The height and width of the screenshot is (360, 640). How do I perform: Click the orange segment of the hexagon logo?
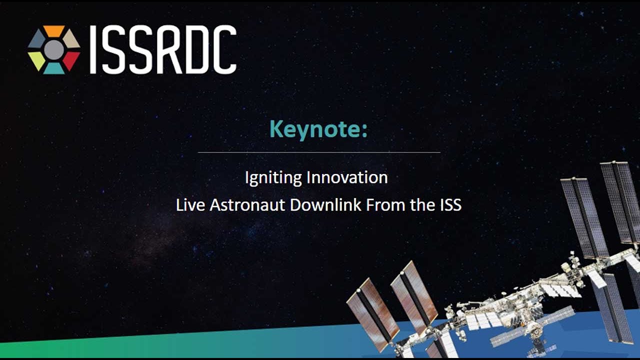click(54, 30)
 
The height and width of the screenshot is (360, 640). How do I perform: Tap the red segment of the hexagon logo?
click(71, 60)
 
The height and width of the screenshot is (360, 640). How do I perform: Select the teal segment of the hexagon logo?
click(54, 68)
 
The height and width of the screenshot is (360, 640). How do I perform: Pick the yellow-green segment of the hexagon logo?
click(37, 60)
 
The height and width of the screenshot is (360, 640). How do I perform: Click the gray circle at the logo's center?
click(54, 50)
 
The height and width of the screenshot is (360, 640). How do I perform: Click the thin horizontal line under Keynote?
click(319, 152)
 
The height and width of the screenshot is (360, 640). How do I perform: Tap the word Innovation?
click(347, 177)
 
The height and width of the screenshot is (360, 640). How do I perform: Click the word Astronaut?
click(247, 205)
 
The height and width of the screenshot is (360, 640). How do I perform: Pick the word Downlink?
click(325, 205)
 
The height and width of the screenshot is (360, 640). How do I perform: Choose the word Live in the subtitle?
click(190, 205)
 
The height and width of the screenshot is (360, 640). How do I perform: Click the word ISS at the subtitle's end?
click(451, 205)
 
